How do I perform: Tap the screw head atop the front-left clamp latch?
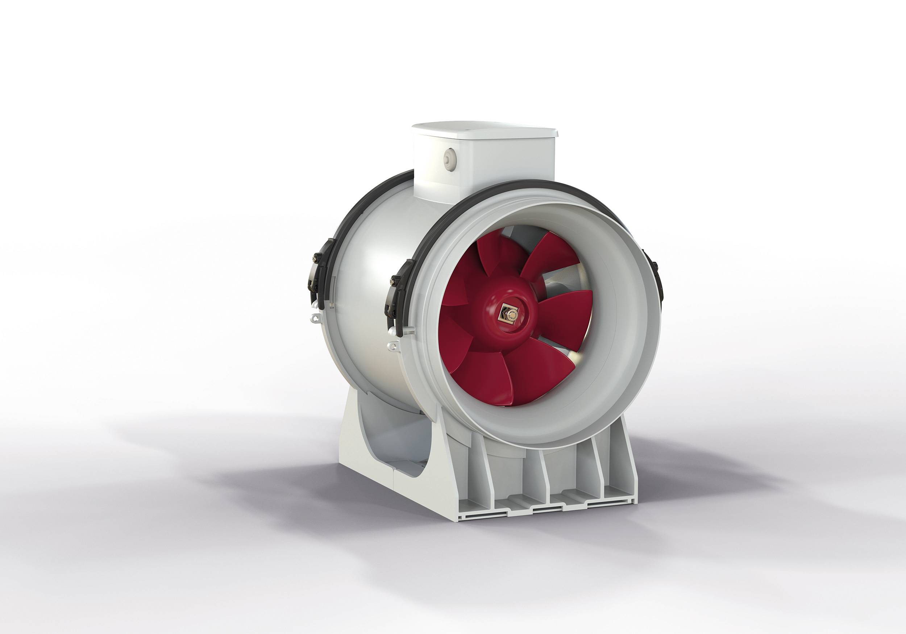tap(392, 281)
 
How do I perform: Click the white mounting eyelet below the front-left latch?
tap(393, 346)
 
